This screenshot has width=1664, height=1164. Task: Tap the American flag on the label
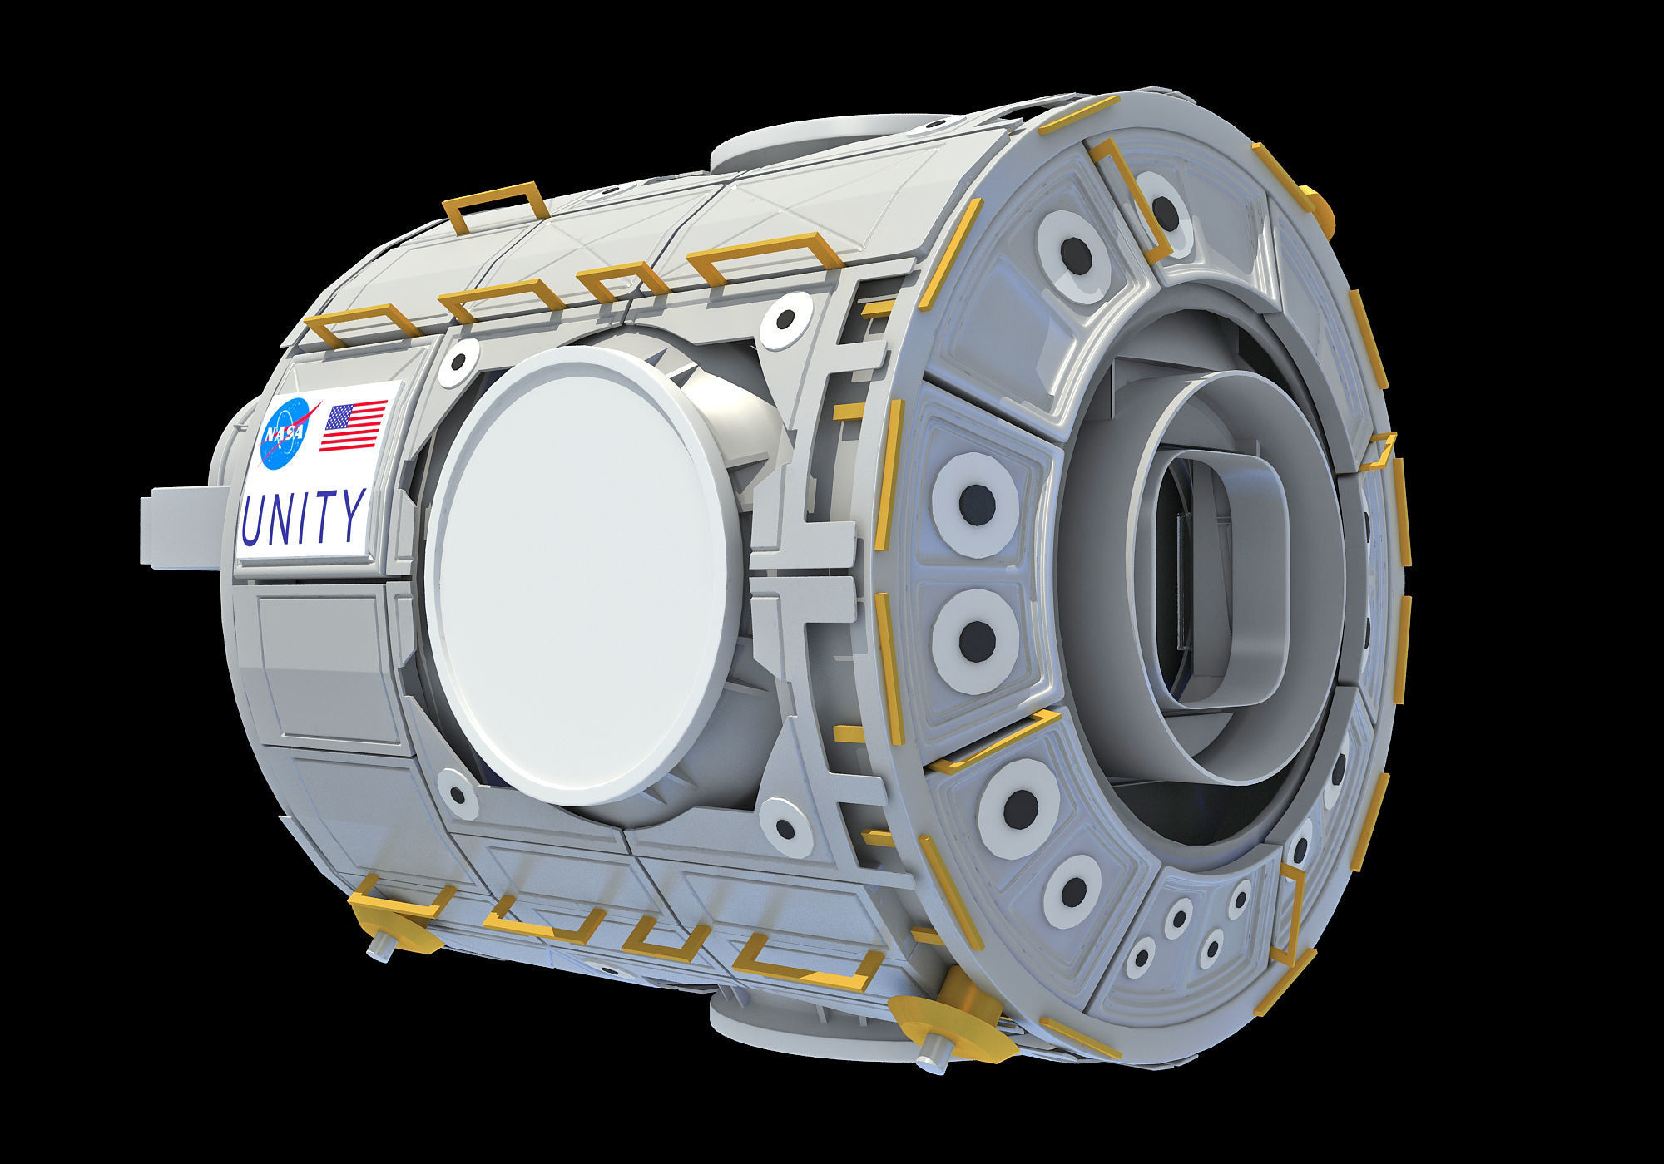354,426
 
